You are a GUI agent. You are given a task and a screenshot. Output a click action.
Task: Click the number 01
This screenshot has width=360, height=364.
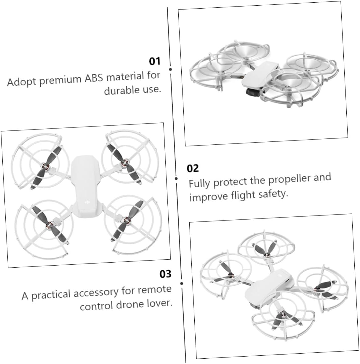point(154,61)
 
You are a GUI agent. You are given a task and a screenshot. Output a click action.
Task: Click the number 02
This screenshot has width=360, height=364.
point(193,168)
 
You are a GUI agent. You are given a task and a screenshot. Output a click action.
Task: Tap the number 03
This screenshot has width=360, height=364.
point(165,274)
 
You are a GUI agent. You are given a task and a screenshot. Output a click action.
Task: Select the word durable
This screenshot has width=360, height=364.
point(122,90)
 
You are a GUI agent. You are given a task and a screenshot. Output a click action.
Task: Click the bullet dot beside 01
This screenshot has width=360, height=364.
point(170,69)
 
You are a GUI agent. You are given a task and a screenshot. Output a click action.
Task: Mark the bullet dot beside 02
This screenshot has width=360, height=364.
point(176,178)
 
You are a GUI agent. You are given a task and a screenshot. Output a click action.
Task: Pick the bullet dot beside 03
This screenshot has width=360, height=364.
point(182,283)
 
